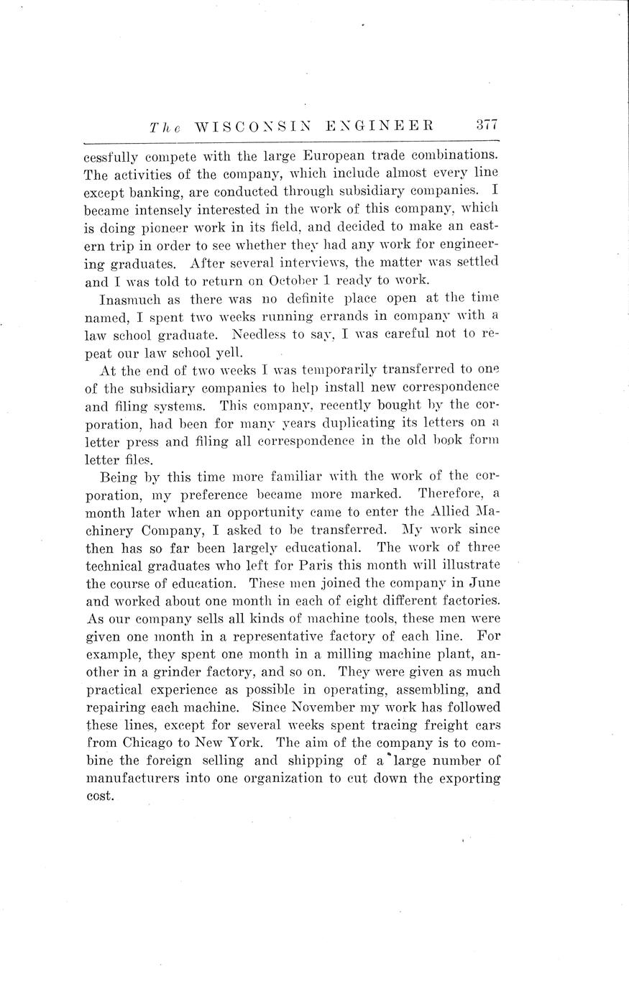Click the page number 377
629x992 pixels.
coord(487,124)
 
